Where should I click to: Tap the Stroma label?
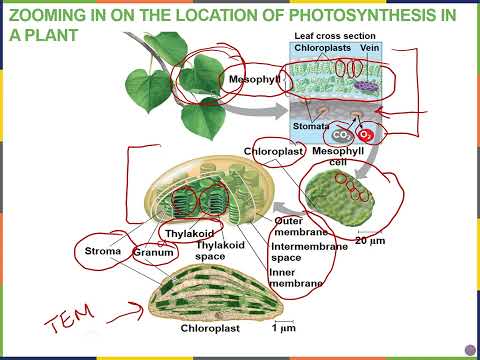[x=103, y=251]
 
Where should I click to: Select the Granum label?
[x=154, y=253]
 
